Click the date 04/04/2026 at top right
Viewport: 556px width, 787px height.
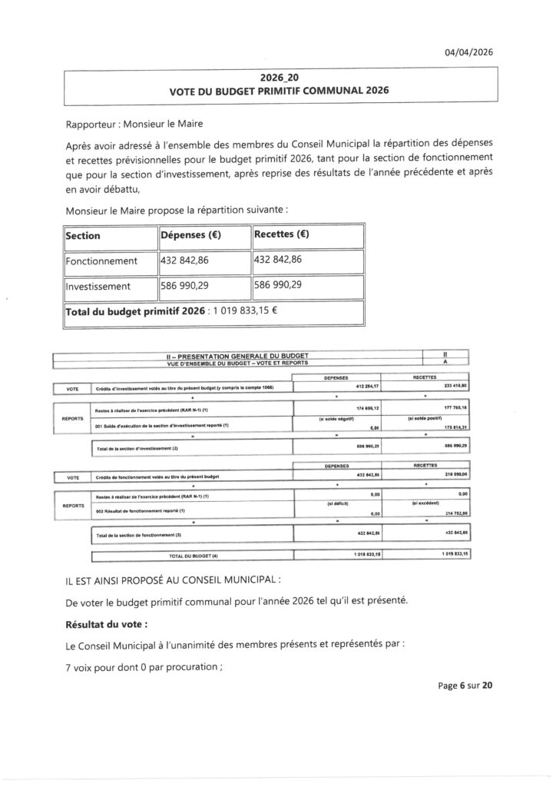tap(468, 52)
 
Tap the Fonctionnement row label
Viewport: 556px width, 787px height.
tap(101, 261)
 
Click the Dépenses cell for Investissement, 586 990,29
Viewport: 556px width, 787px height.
tap(189, 286)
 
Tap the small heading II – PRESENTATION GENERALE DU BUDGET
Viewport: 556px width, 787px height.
tap(237, 357)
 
